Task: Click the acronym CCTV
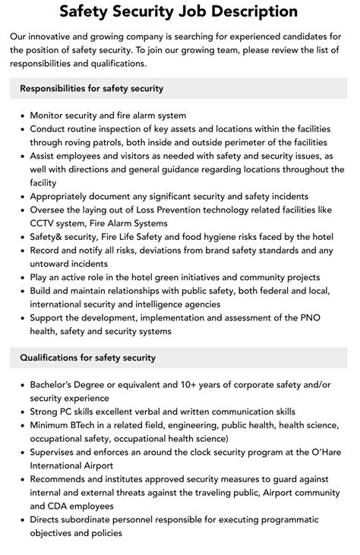(43, 223)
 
